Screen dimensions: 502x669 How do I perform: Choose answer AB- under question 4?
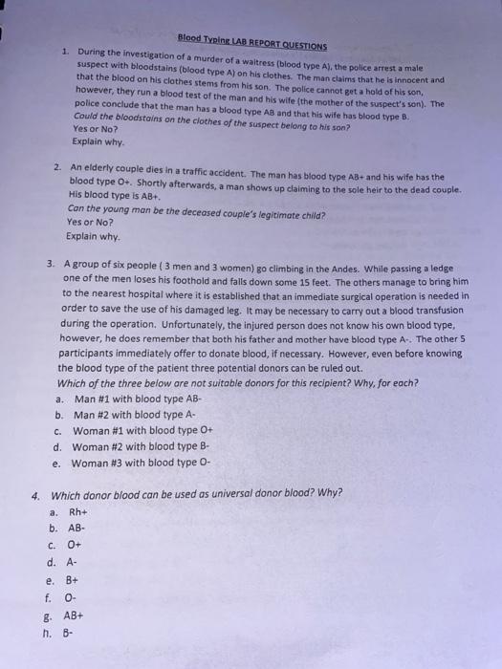pyautogui.click(x=76, y=529)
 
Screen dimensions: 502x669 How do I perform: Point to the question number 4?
pyautogui.click(x=35, y=495)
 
